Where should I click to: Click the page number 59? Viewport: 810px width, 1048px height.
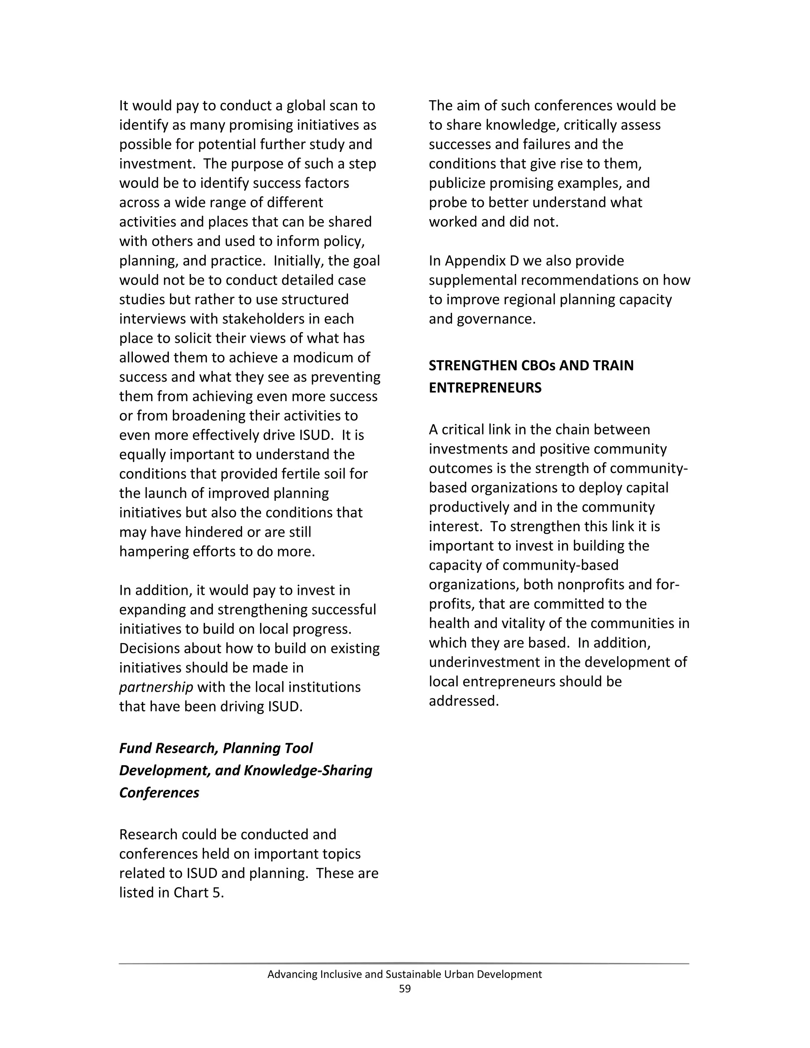click(405, 989)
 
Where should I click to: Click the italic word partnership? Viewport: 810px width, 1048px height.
click(156, 687)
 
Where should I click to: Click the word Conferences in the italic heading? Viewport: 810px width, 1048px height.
click(159, 792)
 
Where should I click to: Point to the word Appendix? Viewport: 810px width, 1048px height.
click(475, 261)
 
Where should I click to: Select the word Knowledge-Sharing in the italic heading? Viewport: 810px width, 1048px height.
click(308, 770)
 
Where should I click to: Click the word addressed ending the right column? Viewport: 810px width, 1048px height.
click(464, 701)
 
